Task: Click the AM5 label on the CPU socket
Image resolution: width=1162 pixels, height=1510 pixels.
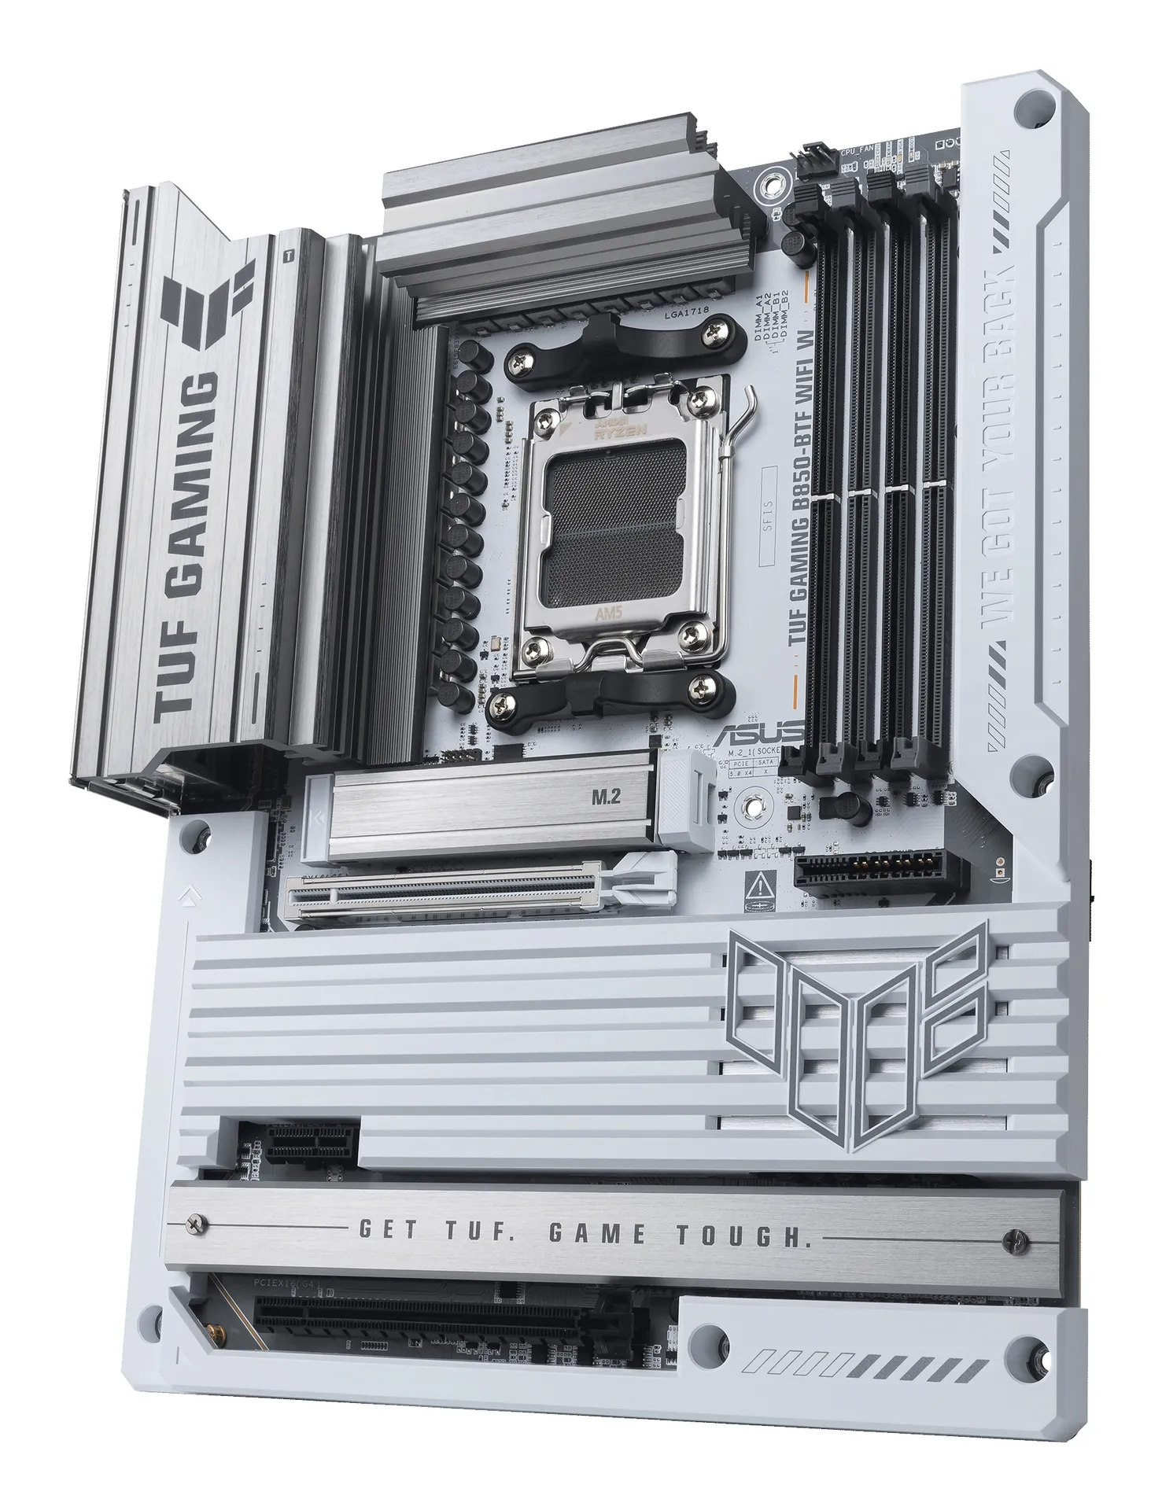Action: pyautogui.click(x=607, y=614)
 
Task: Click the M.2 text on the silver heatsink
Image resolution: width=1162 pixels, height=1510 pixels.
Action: pyautogui.click(x=605, y=797)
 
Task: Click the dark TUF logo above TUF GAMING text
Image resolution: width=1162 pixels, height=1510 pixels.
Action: pyautogui.click(x=207, y=296)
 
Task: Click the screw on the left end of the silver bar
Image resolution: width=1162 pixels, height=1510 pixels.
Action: pyautogui.click(x=195, y=1223)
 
